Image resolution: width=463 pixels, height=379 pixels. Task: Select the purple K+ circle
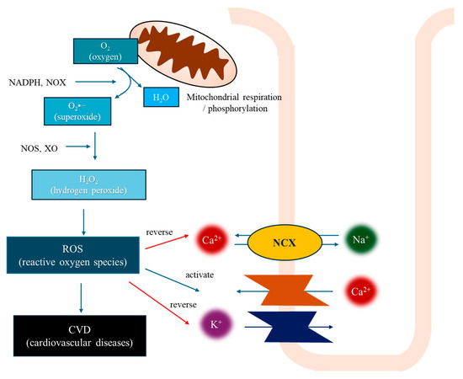click(215, 324)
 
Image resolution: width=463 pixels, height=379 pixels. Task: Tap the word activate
click(200, 275)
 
